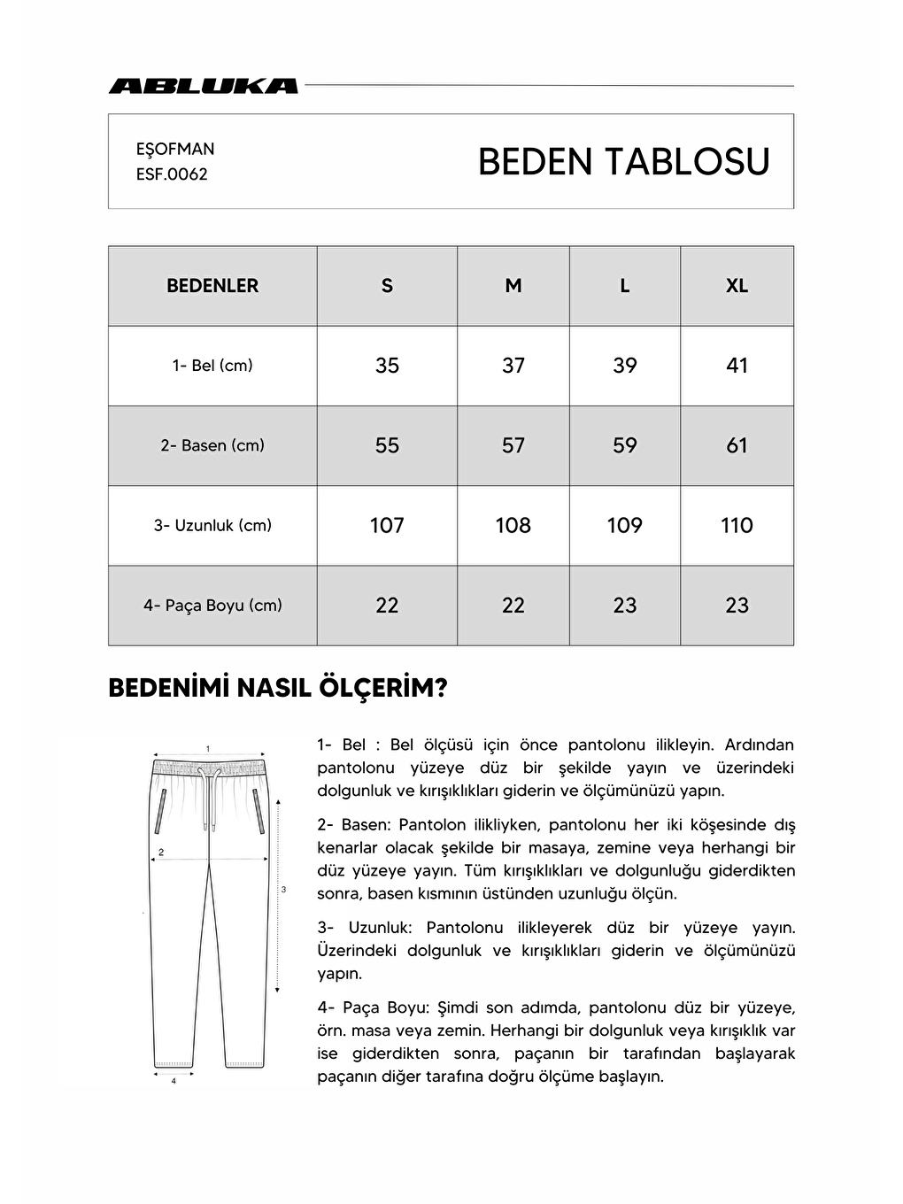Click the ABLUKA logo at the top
[203, 86]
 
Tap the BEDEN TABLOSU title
[623, 162]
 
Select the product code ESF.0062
[172, 174]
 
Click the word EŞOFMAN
[175, 149]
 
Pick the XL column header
[737, 286]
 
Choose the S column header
[387, 286]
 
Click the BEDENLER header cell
[212, 286]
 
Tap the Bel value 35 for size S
[387, 366]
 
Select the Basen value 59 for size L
[624, 445]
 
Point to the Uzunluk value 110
[737, 525]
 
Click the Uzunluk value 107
[387, 525]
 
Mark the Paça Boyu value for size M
[513, 606]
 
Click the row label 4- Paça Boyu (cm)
[212, 606]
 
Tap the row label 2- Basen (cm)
[212, 445]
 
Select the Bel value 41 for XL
[737, 366]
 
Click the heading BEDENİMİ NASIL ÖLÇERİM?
[277, 689]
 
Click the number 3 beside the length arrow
[283, 889]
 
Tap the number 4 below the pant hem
[174, 1081]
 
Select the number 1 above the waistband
[208, 748]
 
